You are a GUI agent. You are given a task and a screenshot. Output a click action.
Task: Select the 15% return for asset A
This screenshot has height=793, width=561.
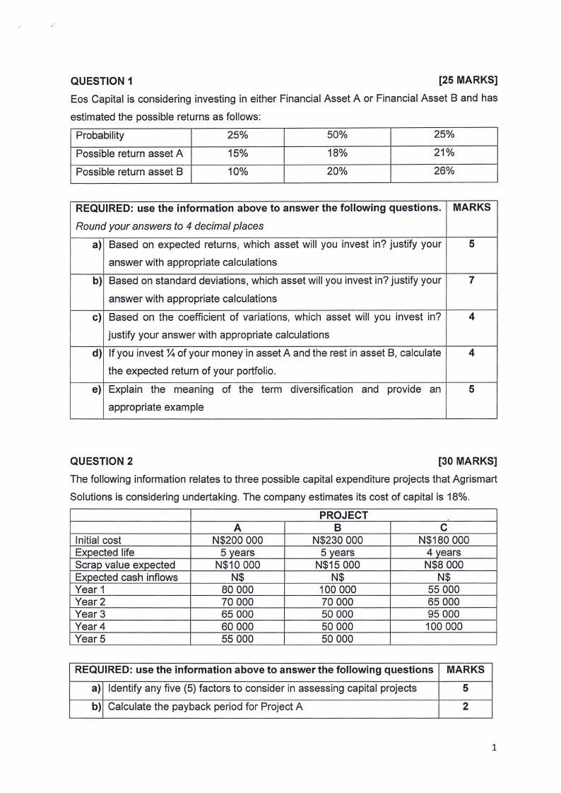[x=237, y=153]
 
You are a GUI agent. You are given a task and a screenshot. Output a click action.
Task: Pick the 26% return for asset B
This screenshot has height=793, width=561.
[x=444, y=172]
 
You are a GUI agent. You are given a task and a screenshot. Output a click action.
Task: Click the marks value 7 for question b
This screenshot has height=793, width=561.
[x=471, y=281]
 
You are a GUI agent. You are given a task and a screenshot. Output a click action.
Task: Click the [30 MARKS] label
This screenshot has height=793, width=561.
[x=468, y=462]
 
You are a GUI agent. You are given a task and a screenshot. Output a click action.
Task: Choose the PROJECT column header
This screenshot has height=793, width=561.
[x=343, y=515]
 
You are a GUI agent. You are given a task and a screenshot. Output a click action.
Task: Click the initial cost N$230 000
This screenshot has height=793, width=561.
[x=336, y=541]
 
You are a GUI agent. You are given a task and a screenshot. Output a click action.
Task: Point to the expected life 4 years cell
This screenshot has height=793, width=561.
[x=443, y=553]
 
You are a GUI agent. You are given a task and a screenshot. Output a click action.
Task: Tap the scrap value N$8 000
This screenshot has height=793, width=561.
[x=443, y=565]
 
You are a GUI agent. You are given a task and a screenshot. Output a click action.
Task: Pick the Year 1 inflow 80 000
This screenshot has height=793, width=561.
[x=237, y=589]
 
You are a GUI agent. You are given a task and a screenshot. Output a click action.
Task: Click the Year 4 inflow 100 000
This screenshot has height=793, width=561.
[x=443, y=626]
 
